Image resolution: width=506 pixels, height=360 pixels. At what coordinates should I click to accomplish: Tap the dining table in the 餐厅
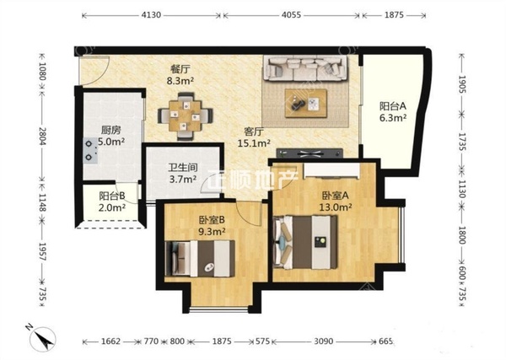click(x=186, y=116)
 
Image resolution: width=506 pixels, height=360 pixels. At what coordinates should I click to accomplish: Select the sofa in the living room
click(x=305, y=67)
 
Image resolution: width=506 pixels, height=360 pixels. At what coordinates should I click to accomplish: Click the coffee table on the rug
click(x=305, y=103)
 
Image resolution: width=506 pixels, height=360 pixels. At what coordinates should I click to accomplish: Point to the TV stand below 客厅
click(x=310, y=153)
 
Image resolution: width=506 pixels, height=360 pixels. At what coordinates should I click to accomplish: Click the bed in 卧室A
click(x=304, y=242)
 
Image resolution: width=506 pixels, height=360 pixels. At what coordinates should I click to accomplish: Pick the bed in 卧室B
click(x=200, y=258)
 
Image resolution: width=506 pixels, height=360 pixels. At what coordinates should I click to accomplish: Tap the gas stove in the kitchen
click(x=89, y=150)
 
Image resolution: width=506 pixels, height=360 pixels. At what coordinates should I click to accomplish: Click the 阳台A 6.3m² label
click(x=392, y=111)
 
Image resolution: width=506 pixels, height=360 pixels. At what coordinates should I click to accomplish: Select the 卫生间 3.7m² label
click(x=183, y=173)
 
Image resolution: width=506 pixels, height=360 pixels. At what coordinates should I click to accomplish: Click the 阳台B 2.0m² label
click(x=111, y=201)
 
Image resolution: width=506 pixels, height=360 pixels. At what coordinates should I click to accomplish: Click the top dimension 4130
click(x=151, y=15)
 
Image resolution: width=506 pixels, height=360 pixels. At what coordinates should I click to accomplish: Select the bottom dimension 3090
click(x=324, y=341)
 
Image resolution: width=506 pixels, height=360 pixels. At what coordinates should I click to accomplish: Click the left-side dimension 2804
click(x=42, y=136)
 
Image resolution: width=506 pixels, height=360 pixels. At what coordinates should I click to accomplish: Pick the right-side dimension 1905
click(x=463, y=84)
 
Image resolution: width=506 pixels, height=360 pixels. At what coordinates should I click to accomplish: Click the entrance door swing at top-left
click(x=94, y=71)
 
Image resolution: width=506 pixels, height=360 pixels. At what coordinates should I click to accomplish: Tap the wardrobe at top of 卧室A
click(x=331, y=171)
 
